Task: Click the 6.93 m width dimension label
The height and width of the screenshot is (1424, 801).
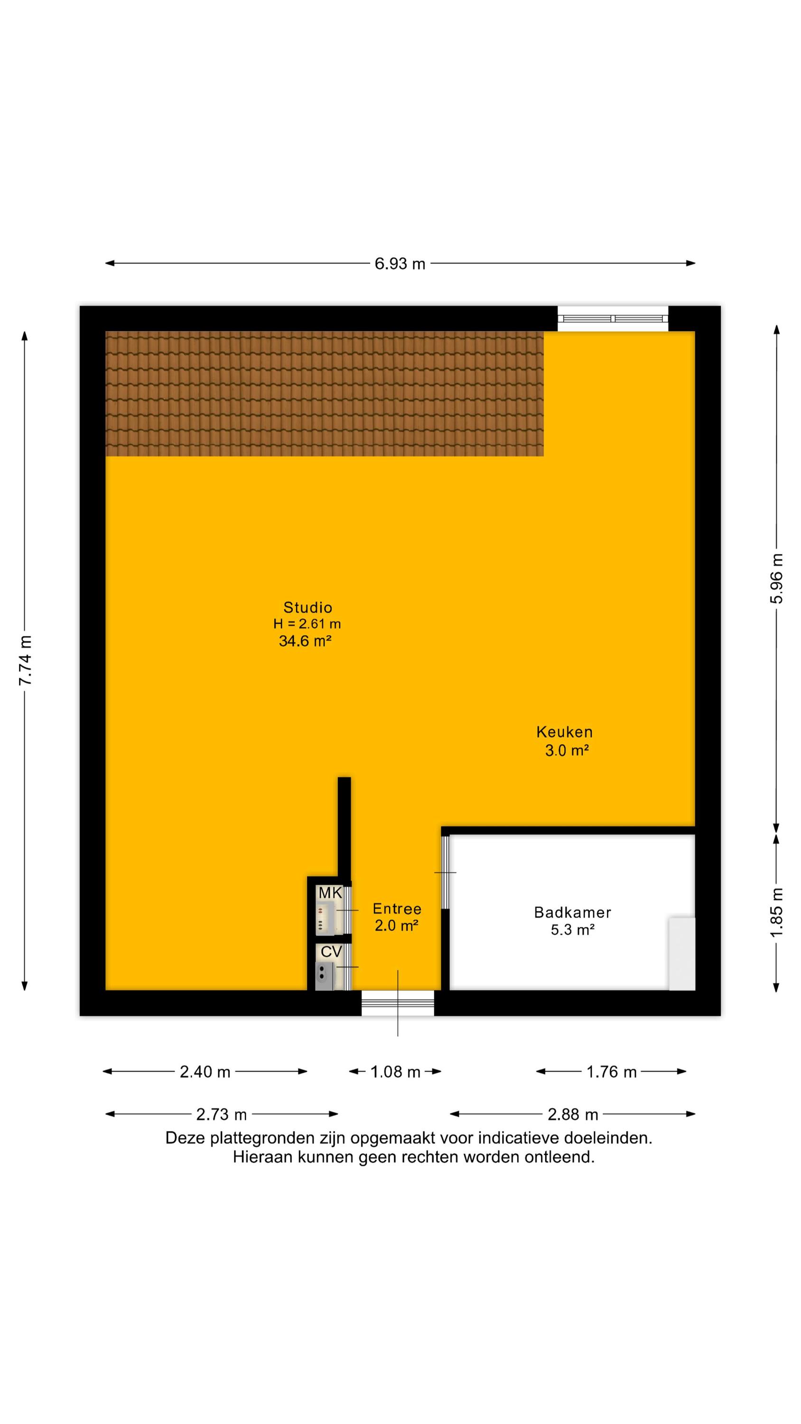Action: coord(400,264)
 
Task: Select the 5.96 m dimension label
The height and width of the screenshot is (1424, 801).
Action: coord(777,578)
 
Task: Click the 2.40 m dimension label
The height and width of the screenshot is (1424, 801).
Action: coord(205,1072)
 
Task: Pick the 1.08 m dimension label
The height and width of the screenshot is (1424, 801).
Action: coord(395,1072)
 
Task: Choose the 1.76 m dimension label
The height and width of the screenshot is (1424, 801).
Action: coord(611,1072)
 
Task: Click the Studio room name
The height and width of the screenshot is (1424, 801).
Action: coord(308,608)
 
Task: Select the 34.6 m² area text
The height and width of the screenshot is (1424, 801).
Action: coord(305,641)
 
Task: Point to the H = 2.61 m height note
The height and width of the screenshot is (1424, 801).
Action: coord(307,624)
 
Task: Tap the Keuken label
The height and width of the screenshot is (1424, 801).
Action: coord(564,732)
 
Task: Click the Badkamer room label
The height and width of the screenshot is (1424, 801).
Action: coord(573,912)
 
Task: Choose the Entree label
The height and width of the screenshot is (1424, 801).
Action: coord(397,909)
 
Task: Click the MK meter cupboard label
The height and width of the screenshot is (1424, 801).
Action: coord(331,893)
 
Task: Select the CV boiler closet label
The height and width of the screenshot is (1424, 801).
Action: coord(331,951)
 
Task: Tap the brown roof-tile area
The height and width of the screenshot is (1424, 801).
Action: coord(325,393)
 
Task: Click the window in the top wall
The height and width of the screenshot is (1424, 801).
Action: coord(613,319)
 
